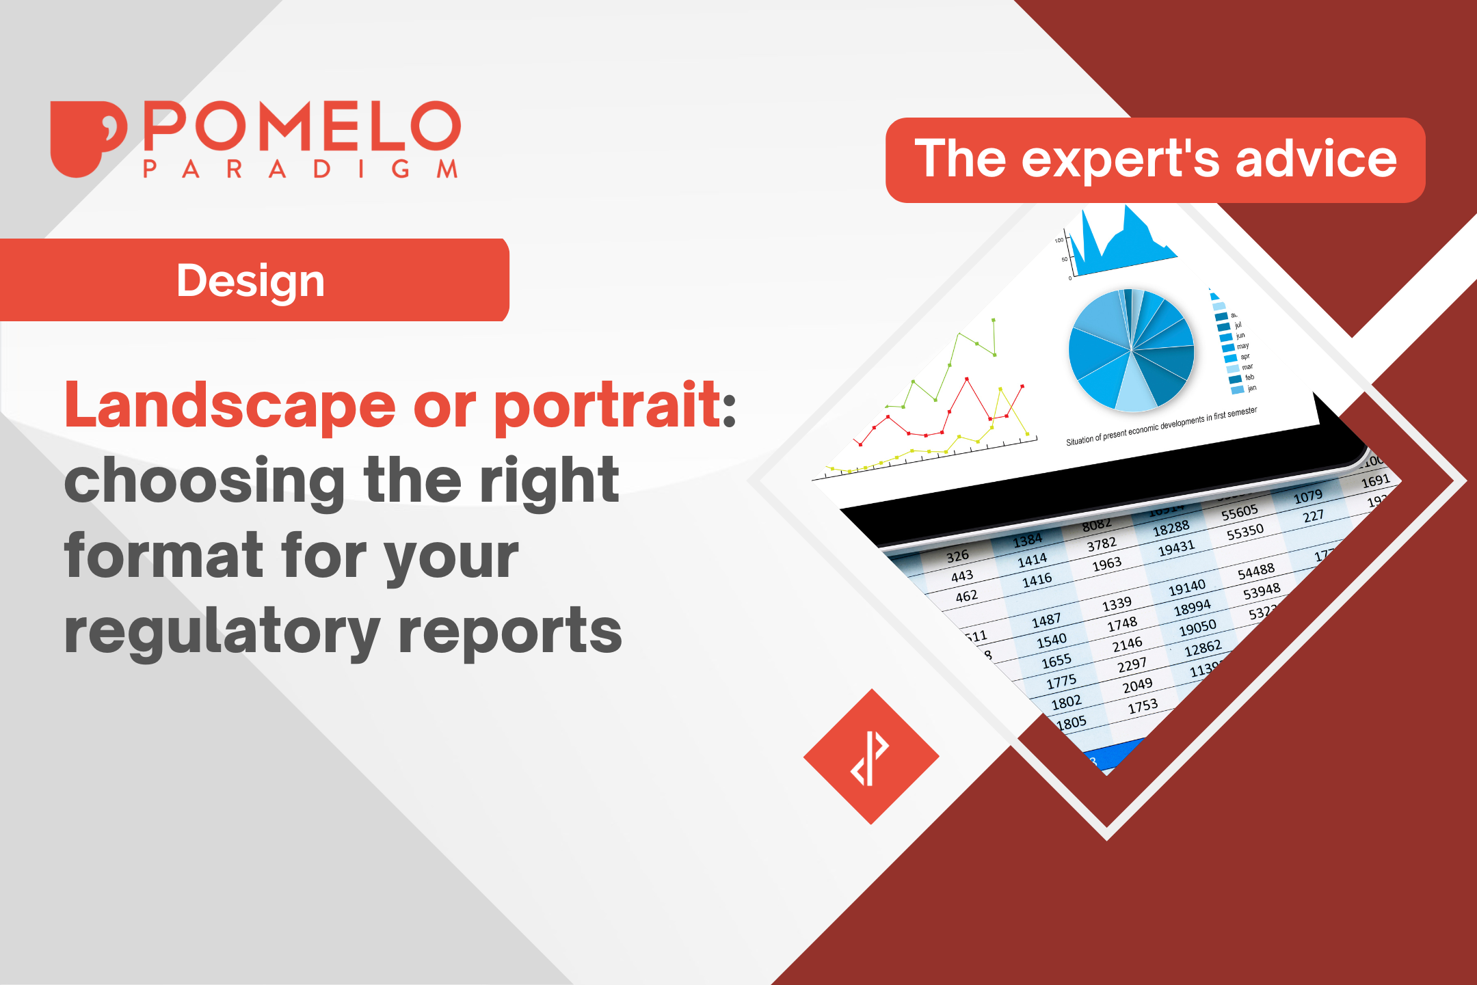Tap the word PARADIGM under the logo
(x=301, y=170)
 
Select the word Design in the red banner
(x=250, y=281)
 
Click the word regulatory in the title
(x=222, y=632)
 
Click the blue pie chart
(x=1131, y=350)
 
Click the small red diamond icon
(x=871, y=757)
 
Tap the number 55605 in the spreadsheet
(x=1239, y=512)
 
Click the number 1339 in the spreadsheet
(x=1117, y=604)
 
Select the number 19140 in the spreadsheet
(x=1186, y=587)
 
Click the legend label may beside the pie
(x=1242, y=346)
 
